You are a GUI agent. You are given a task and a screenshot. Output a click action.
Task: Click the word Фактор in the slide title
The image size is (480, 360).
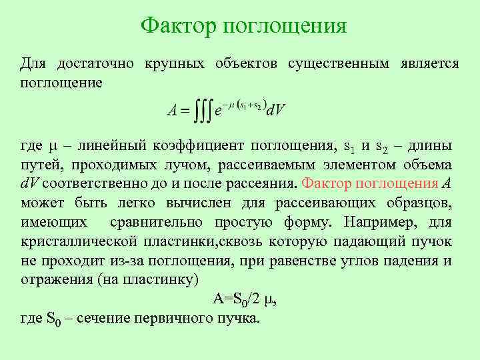pyautogui.click(x=179, y=26)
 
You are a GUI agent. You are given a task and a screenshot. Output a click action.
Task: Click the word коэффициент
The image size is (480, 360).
pyautogui.click(x=196, y=146)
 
